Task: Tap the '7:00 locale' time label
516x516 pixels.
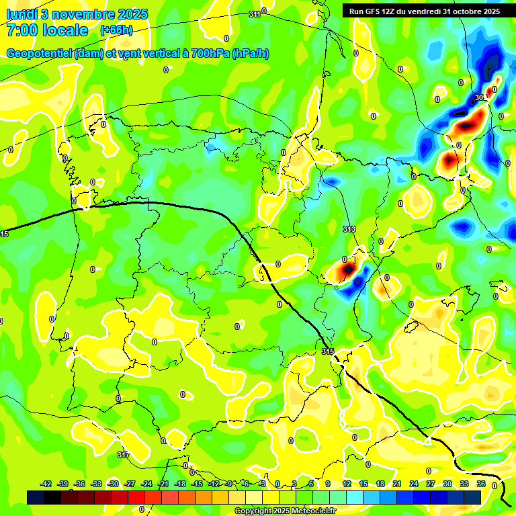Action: [x=47, y=30]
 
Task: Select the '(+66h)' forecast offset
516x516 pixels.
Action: [x=116, y=30]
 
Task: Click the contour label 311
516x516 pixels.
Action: [x=255, y=14]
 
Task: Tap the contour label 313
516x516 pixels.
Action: [x=349, y=230]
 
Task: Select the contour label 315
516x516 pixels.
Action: [x=327, y=351]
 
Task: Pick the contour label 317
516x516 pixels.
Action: [x=123, y=455]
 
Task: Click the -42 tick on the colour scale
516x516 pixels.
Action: [x=46, y=484]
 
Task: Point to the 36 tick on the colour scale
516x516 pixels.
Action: [x=480, y=484]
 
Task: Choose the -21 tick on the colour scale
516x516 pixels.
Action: [x=163, y=484]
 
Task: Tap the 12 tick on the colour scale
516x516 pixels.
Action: [x=347, y=484]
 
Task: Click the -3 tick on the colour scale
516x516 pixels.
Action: [x=263, y=484]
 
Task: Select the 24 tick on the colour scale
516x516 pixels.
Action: [x=414, y=484]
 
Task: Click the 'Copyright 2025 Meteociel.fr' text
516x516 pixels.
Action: [x=286, y=511]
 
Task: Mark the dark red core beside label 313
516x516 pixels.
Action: [x=347, y=270]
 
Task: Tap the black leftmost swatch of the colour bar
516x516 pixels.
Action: [x=36, y=497]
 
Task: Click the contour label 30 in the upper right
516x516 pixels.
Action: [x=479, y=97]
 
